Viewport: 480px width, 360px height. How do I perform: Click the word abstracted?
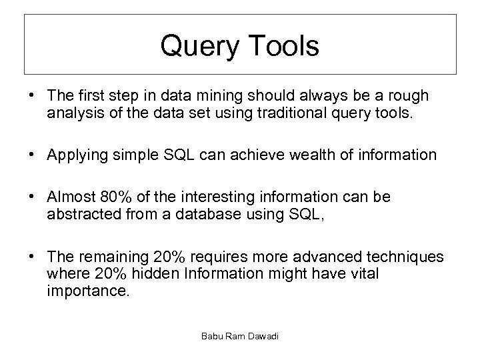point(81,216)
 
